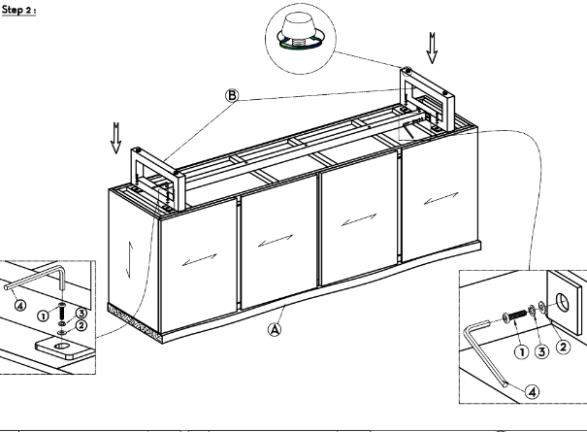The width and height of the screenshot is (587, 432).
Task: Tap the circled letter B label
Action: coord(230,95)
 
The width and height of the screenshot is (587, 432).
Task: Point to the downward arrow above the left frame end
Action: coord(117,138)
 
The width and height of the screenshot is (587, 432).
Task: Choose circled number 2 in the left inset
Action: coord(85,326)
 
